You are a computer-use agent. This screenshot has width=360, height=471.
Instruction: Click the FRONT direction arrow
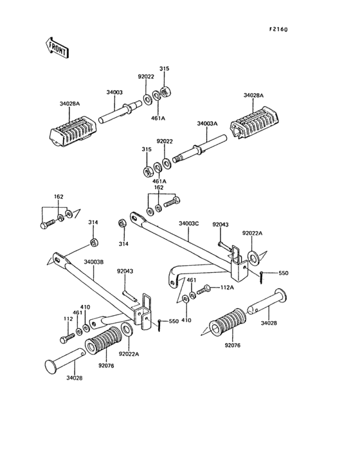click(x=57, y=48)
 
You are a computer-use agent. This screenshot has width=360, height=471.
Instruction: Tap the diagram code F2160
click(x=278, y=30)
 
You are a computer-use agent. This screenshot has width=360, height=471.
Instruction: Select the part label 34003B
click(x=94, y=262)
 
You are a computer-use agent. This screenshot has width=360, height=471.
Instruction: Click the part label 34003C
click(x=189, y=224)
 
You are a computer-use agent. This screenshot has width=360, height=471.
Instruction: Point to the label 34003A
click(x=207, y=124)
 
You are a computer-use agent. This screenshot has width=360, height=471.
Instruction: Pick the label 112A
click(x=227, y=288)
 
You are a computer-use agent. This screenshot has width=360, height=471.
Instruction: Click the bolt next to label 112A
click(x=204, y=290)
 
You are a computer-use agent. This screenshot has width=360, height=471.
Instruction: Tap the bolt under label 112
click(x=67, y=338)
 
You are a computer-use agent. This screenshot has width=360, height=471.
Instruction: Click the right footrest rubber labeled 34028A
click(x=255, y=123)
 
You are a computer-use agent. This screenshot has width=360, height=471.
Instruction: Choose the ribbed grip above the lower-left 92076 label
click(x=103, y=341)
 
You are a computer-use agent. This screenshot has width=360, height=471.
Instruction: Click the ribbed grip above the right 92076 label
click(x=227, y=323)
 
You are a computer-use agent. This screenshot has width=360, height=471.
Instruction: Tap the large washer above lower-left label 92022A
click(x=127, y=329)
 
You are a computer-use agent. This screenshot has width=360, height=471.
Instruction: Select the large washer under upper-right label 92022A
click(x=254, y=257)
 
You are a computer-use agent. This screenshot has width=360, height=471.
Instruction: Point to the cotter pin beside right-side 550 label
click(x=261, y=277)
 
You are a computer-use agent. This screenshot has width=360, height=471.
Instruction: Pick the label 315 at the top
click(x=164, y=68)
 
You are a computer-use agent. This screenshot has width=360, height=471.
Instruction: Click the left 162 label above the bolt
click(x=59, y=197)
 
